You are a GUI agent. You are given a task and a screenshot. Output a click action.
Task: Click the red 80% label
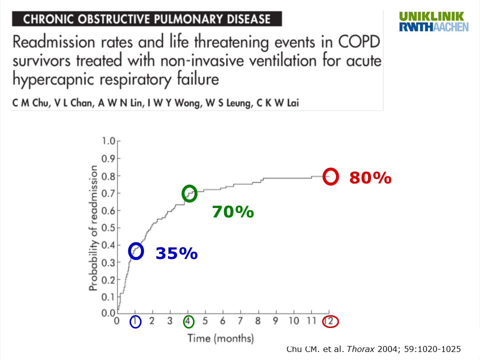[370, 177]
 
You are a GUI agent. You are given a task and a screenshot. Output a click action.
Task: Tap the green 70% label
[233, 212]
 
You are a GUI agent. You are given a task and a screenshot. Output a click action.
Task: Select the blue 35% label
[176, 253]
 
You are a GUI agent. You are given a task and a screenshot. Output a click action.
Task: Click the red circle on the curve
[330, 176]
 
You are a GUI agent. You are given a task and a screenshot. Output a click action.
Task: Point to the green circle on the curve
[189, 193]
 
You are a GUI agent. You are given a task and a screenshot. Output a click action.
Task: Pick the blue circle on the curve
[136, 251]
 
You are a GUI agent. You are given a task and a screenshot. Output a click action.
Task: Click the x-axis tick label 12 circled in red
[330, 321]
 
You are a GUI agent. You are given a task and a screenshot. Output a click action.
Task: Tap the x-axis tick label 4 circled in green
[188, 321]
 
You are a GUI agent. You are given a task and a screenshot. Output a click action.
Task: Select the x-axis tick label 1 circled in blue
[135, 321]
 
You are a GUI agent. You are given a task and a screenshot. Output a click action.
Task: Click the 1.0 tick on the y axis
[108, 141]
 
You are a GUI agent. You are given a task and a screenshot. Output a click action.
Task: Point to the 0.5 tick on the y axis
[108, 227]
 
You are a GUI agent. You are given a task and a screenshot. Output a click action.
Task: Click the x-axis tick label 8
[258, 321]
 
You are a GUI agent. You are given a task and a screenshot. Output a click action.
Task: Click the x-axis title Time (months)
[220, 338]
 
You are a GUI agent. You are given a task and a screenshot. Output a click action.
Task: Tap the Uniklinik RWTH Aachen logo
[433, 21]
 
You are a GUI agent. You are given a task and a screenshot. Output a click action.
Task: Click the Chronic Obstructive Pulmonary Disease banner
[147, 19]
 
